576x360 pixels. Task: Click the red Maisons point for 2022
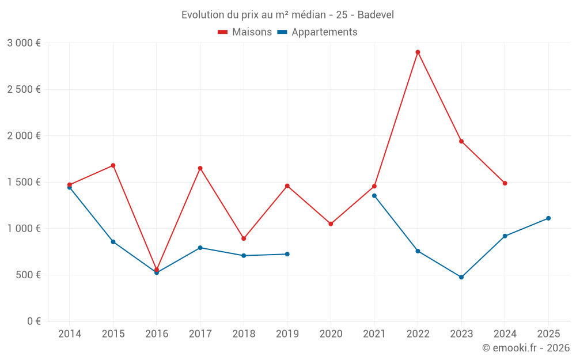[418, 52]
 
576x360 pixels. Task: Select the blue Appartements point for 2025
[548, 218]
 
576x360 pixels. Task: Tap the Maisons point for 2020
[331, 223]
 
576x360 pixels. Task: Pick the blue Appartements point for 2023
[461, 277]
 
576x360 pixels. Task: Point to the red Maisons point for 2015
[113, 165]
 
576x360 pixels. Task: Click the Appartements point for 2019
[287, 254]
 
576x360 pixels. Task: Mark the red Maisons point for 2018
[244, 238]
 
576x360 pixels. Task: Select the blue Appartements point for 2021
[374, 196]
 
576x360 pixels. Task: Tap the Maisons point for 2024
[505, 183]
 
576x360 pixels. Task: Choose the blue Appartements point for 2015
[113, 242]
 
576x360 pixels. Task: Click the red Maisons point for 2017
[200, 168]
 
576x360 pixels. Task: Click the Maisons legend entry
[245, 32]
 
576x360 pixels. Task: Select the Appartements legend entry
[317, 32]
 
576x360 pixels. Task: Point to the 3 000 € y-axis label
[24, 43]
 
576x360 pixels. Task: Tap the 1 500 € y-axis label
[24, 182]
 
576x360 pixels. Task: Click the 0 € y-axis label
[33, 321]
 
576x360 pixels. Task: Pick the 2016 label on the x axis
[157, 334]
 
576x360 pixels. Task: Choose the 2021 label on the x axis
[374, 334]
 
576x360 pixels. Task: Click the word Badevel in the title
[376, 15]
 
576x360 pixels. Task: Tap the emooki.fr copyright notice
[525, 348]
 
